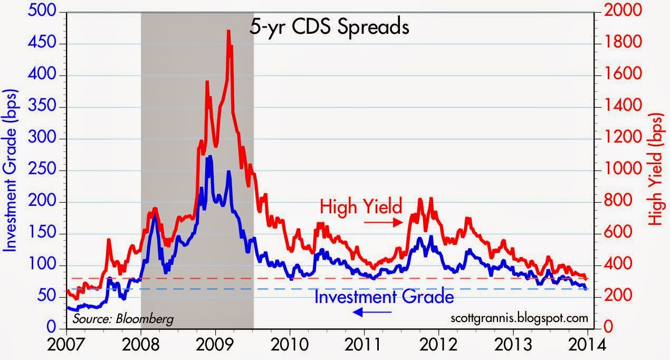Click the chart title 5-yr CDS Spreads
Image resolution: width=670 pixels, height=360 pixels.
click(329, 26)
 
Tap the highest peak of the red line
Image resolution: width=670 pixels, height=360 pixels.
click(228, 31)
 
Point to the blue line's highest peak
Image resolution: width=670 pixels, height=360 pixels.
click(209, 157)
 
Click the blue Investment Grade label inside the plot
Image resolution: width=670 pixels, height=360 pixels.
click(384, 297)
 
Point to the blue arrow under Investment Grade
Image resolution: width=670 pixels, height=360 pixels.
click(372, 312)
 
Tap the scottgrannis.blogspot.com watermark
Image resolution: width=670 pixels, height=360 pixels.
click(520, 318)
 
